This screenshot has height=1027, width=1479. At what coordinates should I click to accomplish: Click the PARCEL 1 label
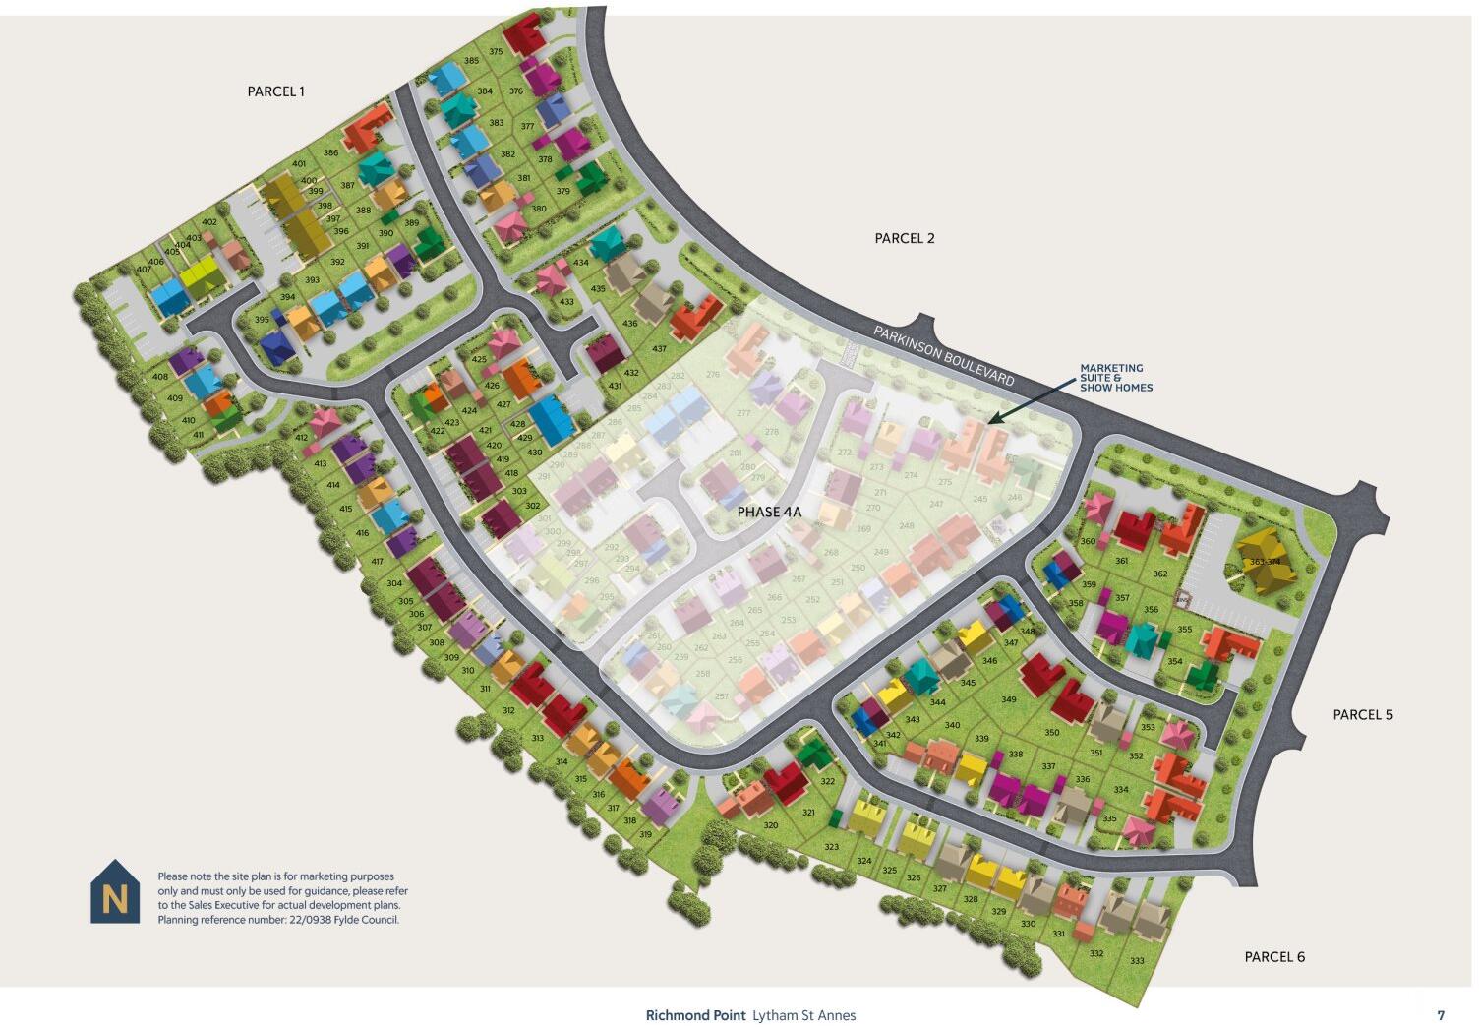click(x=275, y=91)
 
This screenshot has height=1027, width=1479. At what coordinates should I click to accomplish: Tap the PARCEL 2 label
click(x=905, y=238)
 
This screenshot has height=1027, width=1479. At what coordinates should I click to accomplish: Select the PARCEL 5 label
click(x=1363, y=715)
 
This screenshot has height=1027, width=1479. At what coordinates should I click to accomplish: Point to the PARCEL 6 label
click(x=1274, y=956)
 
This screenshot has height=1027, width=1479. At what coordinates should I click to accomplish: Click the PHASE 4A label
click(x=770, y=513)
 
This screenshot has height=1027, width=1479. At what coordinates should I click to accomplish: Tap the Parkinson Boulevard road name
click(x=943, y=355)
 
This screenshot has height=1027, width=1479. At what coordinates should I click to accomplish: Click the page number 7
click(x=1441, y=1015)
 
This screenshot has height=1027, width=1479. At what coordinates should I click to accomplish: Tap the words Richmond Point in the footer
click(x=695, y=1015)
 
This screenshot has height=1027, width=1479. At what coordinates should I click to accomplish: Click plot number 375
click(x=496, y=52)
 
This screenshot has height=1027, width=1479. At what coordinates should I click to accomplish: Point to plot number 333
click(x=1137, y=961)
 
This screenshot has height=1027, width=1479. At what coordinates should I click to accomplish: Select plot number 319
click(x=645, y=834)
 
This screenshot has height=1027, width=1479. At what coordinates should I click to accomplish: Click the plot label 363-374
click(x=1266, y=562)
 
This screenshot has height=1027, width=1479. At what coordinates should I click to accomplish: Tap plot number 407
click(x=144, y=270)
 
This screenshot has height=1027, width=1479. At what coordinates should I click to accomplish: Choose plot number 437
click(x=659, y=349)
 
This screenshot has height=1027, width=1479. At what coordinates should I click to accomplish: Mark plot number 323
click(x=831, y=847)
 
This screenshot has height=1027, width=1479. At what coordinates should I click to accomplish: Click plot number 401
click(x=299, y=164)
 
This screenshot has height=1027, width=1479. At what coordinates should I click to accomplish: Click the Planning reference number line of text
click(x=278, y=920)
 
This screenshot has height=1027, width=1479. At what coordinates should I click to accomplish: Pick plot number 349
click(x=1008, y=699)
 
